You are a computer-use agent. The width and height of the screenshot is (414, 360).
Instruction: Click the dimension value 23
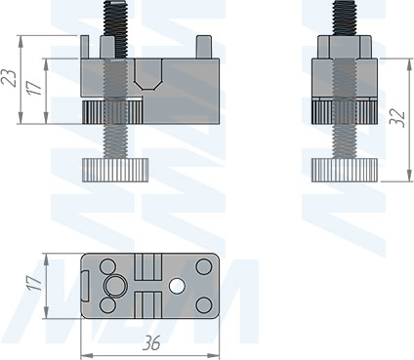tap(12, 77)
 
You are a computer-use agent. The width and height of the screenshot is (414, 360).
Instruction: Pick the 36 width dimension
tap(151, 343)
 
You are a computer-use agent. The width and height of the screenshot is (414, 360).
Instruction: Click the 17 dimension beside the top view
tap(35, 284)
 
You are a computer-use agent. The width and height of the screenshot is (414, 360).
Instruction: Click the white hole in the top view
tap(177, 286)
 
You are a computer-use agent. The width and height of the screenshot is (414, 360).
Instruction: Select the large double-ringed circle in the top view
tap(115, 286)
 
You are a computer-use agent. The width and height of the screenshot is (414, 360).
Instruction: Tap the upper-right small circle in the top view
tap(204, 266)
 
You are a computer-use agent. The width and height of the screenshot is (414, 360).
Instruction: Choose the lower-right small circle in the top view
tap(204, 305)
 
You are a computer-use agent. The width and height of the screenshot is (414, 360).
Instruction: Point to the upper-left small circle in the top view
tap(107, 266)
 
